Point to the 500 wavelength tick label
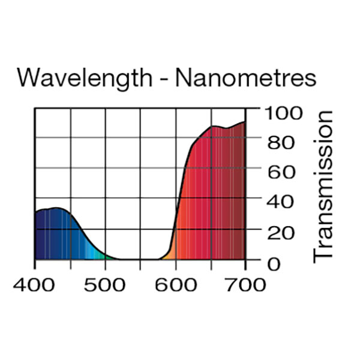click(x=105, y=284)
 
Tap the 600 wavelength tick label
click(x=176, y=284)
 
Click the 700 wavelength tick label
click(x=245, y=284)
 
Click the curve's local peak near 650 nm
click(x=212, y=126)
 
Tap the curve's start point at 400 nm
click(x=35, y=212)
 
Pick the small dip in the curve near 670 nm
click(x=225, y=128)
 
